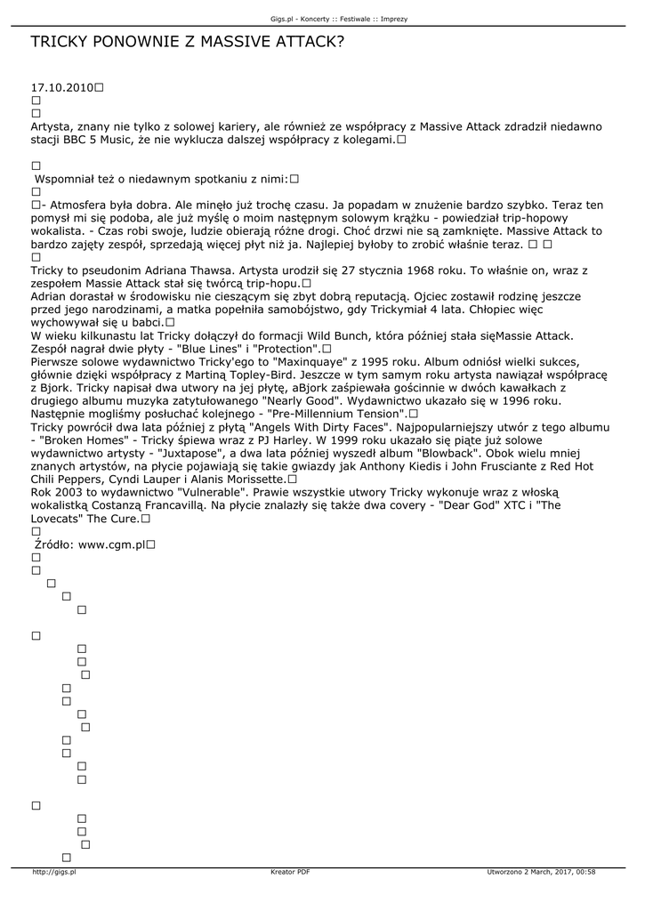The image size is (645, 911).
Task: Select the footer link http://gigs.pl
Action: click(54, 873)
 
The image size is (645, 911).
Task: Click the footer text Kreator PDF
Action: click(290, 873)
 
